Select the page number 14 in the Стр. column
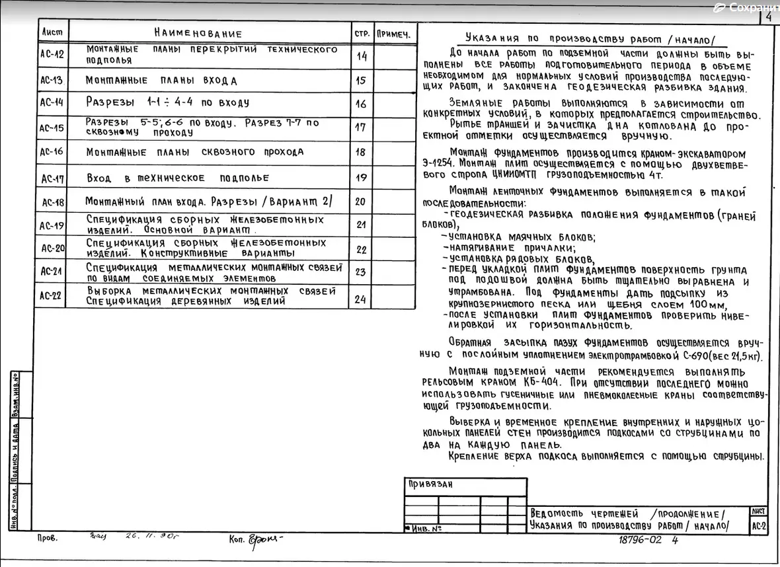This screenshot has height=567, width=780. [x=362, y=56]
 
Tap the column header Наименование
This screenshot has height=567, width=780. [x=198, y=34]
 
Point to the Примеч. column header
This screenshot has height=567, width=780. [x=394, y=33]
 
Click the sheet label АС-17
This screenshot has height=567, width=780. [x=52, y=178]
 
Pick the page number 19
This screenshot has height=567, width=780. [x=361, y=178]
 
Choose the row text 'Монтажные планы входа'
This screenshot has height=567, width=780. [x=161, y=81]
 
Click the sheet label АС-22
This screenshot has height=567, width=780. [x=52, y=296]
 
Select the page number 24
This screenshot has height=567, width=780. [x=360, y=299]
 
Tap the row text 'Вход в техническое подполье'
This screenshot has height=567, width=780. [x=178, y=178]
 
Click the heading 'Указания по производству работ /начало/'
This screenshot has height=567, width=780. [x=590, y=39]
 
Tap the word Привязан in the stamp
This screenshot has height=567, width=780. [x=430, y=484]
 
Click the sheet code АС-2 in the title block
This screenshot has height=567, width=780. [x=758, y=527]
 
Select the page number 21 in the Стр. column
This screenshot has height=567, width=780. [x=361, y=225]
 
